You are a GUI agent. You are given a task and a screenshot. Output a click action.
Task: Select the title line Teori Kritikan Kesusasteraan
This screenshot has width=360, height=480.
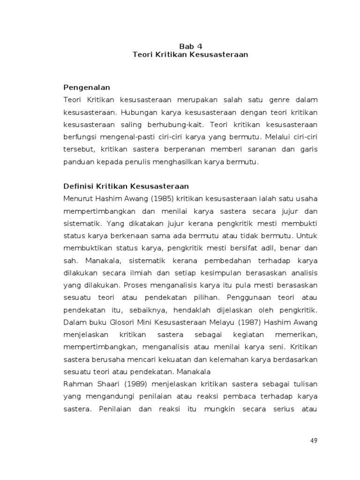pos(190,54)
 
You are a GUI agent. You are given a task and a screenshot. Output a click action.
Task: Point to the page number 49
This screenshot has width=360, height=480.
pos(314,440)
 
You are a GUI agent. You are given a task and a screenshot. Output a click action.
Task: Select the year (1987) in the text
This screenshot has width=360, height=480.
pos(245,322)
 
